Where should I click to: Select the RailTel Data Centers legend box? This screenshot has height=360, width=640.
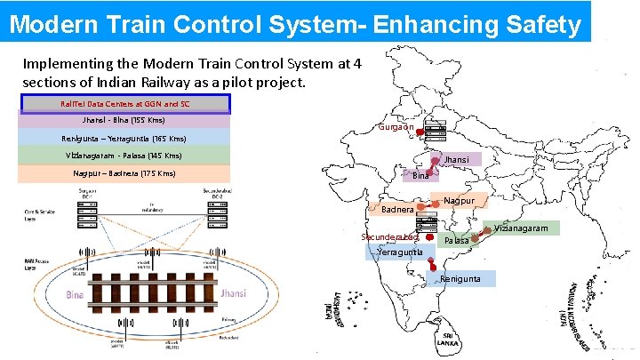[124, 104]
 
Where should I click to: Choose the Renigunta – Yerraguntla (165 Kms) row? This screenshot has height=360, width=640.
[124, 139]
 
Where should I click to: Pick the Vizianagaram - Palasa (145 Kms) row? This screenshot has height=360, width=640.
[124, 156]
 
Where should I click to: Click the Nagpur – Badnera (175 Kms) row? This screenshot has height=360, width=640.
[124, 173]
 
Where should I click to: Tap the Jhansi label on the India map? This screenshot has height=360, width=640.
[457, 160]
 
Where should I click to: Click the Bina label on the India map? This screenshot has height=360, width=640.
[420, 176]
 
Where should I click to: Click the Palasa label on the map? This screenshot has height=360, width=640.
[457, 241]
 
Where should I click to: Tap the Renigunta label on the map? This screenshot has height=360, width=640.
[460, 279]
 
